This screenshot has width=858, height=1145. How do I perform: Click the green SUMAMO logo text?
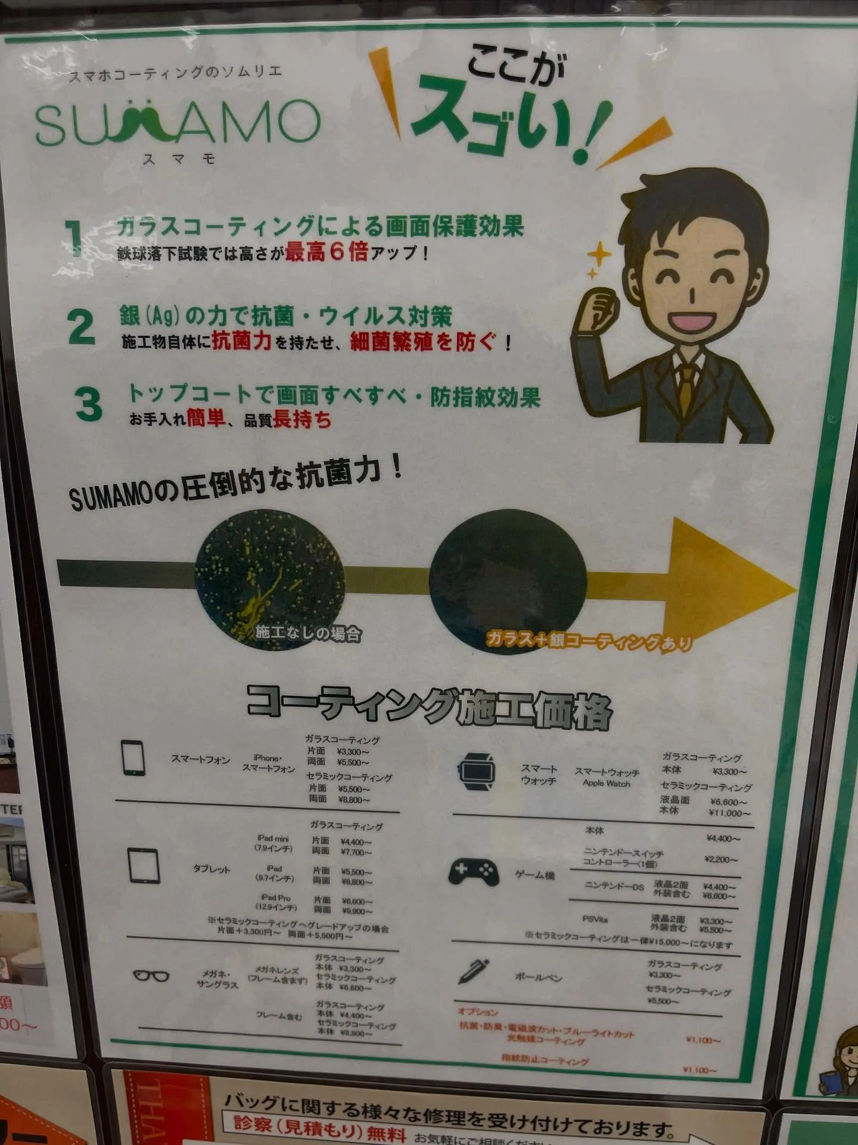[178, 123]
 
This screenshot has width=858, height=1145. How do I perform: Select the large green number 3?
[88, 404]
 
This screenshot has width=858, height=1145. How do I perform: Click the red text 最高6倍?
[326, 252]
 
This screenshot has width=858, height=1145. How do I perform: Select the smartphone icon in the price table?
[133, 757]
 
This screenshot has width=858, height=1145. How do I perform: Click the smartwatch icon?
[477, 771]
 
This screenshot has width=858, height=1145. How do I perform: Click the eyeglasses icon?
[151, 976]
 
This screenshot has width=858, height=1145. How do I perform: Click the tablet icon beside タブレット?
[144, 866]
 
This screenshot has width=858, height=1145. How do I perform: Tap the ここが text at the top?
[515, 67]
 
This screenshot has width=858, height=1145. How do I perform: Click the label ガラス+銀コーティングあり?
[589, 641]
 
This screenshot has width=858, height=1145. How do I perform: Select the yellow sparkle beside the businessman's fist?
[598, 258]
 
